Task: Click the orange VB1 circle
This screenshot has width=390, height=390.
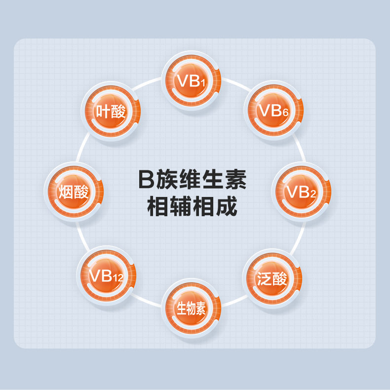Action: tap(192, 81)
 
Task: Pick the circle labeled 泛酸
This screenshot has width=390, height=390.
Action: tap(272, 279)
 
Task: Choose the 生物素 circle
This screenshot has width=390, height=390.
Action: tap(192, 309)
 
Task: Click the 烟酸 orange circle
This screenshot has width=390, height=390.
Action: tap(74, 192)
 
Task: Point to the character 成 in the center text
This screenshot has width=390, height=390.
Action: tap(226, 206)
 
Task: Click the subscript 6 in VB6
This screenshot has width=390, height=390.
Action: tap(285, 113)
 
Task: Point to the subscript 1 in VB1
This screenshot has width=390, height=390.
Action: tap(202, 83)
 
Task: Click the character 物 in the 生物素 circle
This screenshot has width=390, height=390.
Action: tap(192, 309)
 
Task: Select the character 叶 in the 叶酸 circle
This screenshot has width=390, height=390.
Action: tap(103, 112)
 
